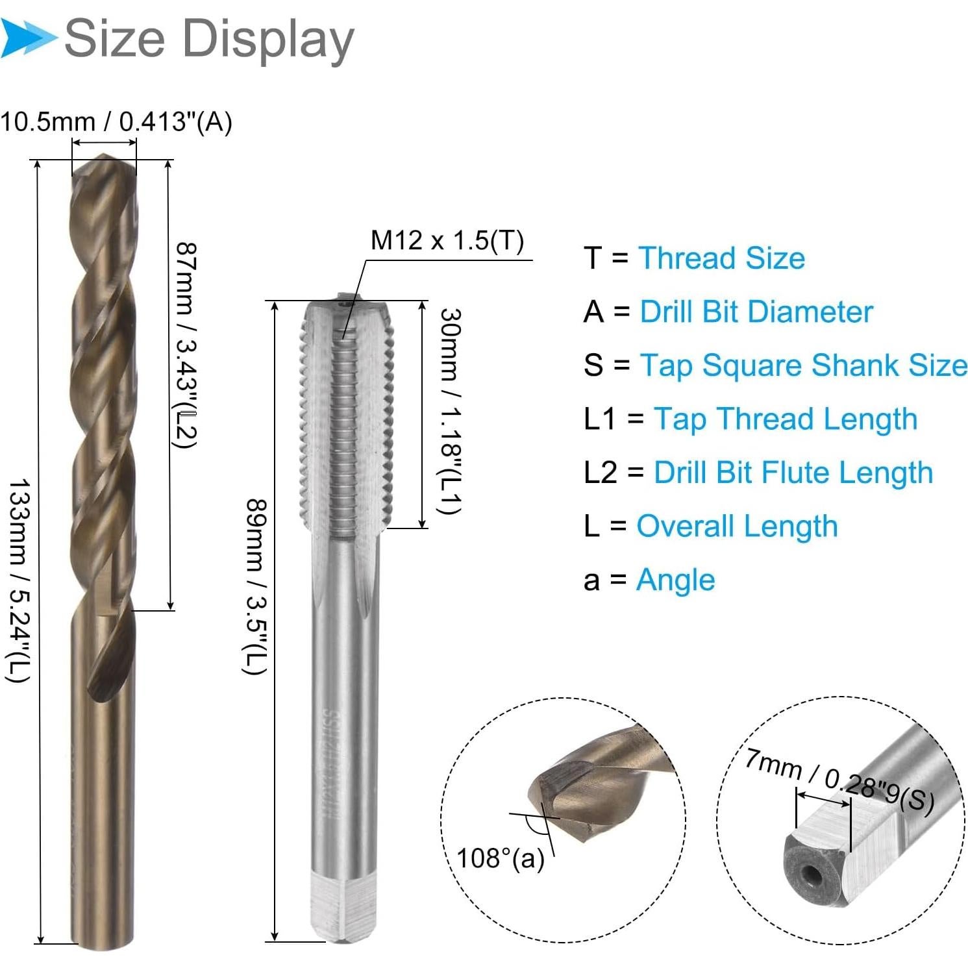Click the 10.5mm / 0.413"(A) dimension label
pyautogui.click(x=116, y=122)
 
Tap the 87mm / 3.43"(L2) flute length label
pyautogui.click(x=187, y=345)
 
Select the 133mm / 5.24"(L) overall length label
pyautogui.click(x=19, y=581)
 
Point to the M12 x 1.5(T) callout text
pyautogui.click(x=447, y=240)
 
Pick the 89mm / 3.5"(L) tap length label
pyautogui.click(x=256, y=586)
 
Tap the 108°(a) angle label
pyautogui.click(x=501, y=858)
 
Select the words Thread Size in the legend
pyautogui.click(x=721, y=258)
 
